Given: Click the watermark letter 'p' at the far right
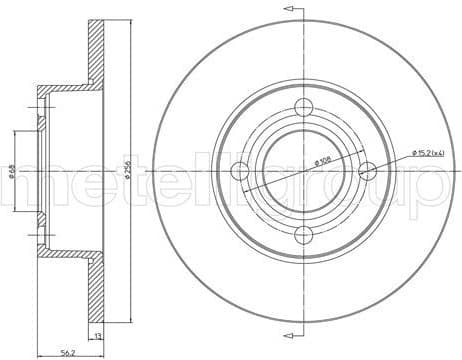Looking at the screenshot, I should pyautogui.click(x=441, y=190).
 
